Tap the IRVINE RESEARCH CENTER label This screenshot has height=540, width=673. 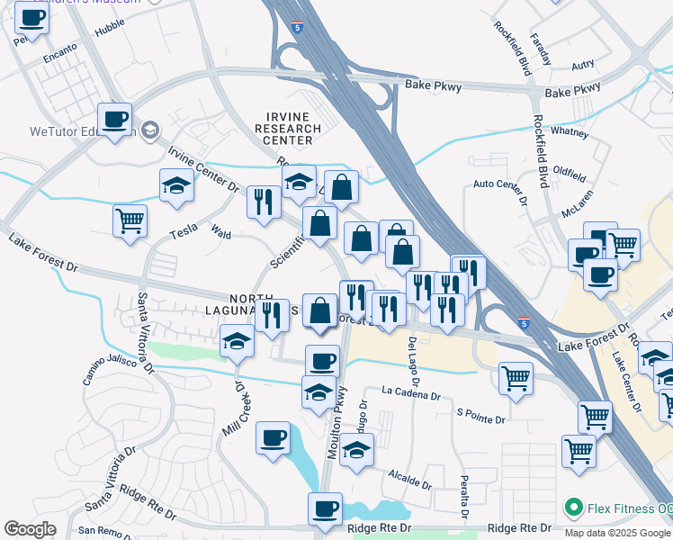[x=289, y=129]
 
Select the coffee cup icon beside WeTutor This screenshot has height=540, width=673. [x=115, y=121]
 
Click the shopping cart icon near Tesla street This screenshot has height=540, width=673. [x=130, y=220]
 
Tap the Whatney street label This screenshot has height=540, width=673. [x=569, y=131]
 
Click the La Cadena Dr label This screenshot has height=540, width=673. [x=410, y=394]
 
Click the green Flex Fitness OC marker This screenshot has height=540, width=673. [x=573, y=508]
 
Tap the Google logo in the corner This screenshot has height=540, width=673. [x=30, y=529]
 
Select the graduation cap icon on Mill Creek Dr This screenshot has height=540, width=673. [x=238, y=341]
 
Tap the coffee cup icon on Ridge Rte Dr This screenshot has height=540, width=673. [x=325, y=508]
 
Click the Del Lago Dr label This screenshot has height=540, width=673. [x=413, y=356]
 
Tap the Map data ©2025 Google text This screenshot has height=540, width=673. [x=617, y=533]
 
